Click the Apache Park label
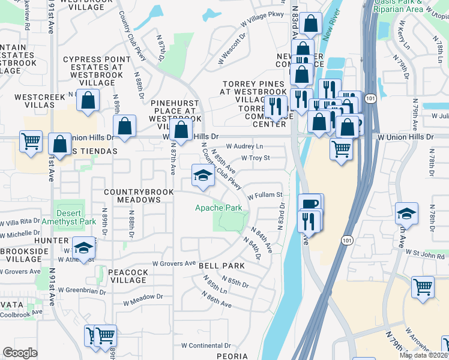point(218,208)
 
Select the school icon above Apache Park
point(203,175)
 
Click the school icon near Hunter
point(83,247)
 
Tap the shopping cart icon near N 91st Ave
point(31,142)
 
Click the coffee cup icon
point(310,204)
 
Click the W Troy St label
point(256,158)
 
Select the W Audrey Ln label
point(244,146)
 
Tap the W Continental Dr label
point(206,346)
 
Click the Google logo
point(20,352)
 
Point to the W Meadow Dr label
point(142,296)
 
